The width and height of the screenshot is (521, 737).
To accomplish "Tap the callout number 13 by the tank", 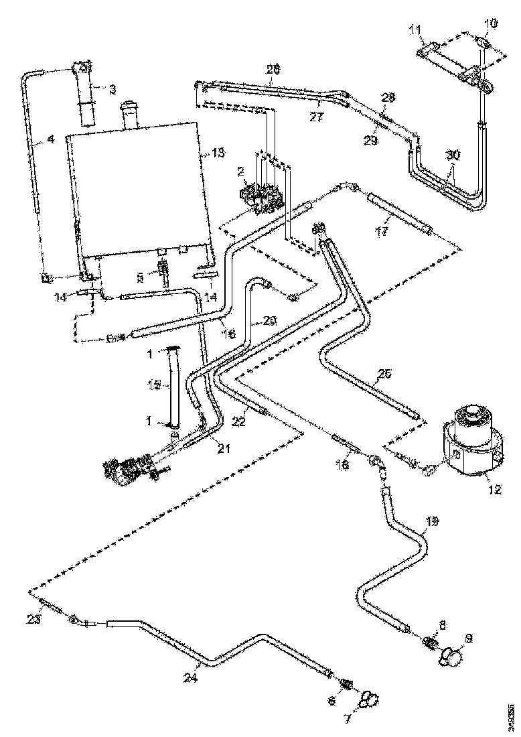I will tap(218, 153).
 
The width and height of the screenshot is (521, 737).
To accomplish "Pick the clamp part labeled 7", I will tap(368, 700).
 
